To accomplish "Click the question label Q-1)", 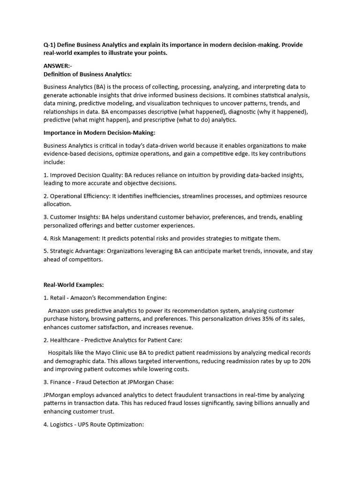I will coord(51,45).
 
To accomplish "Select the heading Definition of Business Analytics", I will coord(87,74).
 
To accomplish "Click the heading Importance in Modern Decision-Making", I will coord(99,133).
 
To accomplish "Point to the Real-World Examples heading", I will coord(73,285).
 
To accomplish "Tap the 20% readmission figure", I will coord(304,361).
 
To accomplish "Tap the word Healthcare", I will coord(65,340).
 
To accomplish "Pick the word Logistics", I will coord(63,424).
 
